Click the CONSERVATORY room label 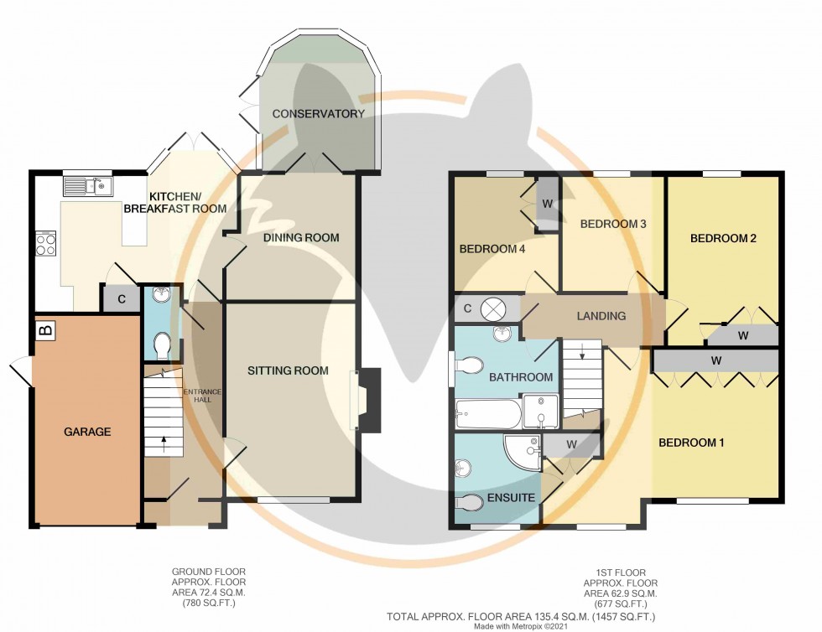click(x=318, y=114)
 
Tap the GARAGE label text click(x=88, y=432)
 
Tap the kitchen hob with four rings click(x=45, y=243)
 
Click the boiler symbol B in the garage click(x=45, y=331)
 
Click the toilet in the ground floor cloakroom click(x=161, y=345)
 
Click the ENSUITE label click(x=511, y=498)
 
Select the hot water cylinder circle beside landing click(x=492, y=309)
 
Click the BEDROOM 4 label click(x=492, y=249)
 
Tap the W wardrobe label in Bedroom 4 click(x=546, y=203)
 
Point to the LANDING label click(x=601, y=316)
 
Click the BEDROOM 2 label click(x=723, y=238)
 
